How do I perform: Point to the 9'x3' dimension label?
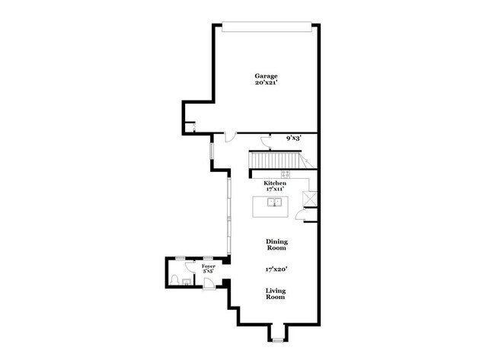pyautogui.click(x=294, y=139)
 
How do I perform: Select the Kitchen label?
pyautogui.click(x=275, y=183)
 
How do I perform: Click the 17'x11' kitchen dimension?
pyautogui.click(x=275, y=190)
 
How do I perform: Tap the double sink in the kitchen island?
pyautogui.click(x=274, y=202)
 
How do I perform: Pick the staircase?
pyautogui.click(x=279, y=161)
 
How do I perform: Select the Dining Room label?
pyautogui.click(x=276, y=244)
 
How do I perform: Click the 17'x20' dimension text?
pyautogui.click(x=276, y=268)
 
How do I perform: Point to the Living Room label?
pyautogui.click(x=276, y=293)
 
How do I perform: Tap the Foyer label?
pyautogui.click(x=208, y=267)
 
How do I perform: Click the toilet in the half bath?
pyautogui.click(x=175, y=280)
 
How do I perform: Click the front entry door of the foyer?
pyautogui.click(x=210, y=284)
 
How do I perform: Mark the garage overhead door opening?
pyautogui.click(x=266, y=25)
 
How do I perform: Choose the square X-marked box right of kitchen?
pyautogui.click(x=309, y=199)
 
